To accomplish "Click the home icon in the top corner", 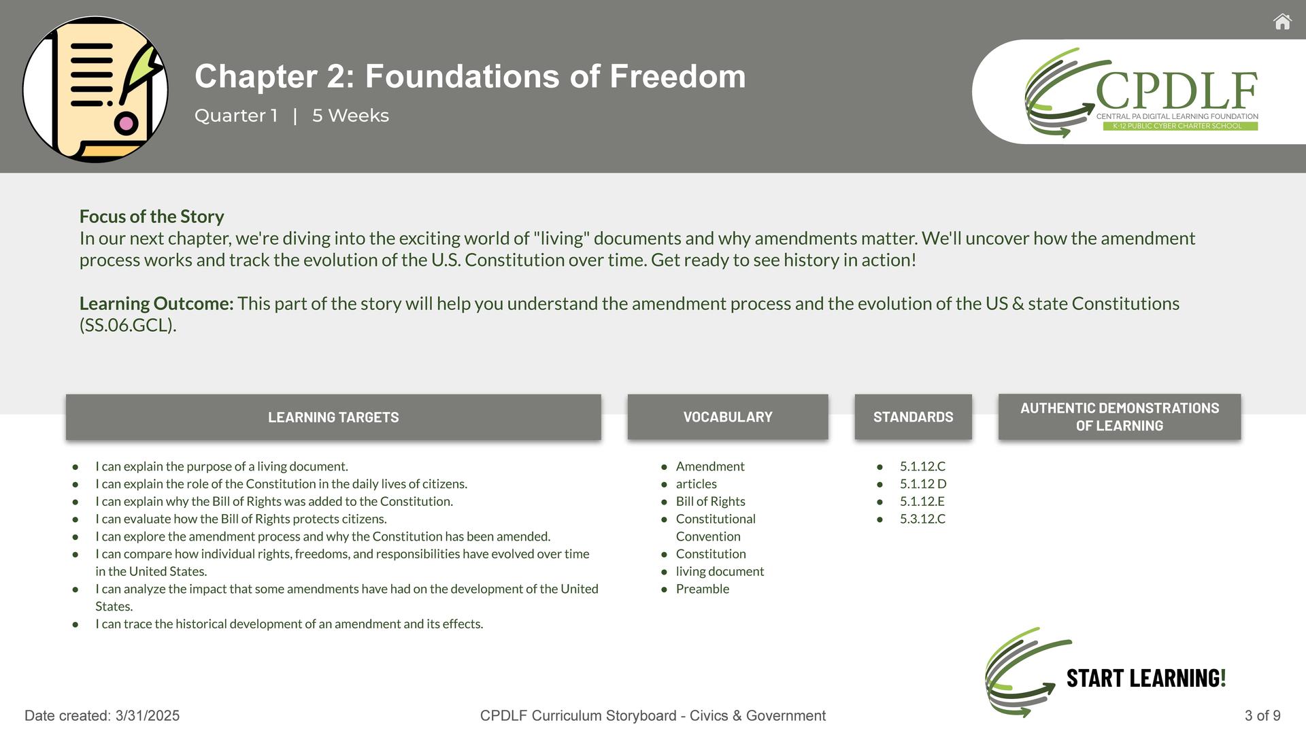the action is [1282, 22].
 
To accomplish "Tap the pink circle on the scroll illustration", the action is [126, 124].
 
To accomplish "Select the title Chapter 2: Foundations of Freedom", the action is [470, 76].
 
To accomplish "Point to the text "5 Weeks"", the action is [350, 116].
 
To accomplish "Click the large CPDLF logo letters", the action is [1177, 91].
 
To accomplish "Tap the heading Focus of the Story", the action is [152, 216].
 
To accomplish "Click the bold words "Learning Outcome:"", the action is [156, 303].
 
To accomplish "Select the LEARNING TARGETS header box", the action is [333, 417].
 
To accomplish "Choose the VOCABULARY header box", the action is [728, 417].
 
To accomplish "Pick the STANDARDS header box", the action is [914, 417].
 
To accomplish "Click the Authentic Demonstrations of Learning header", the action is [1120, 417].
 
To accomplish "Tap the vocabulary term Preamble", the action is [703, 589].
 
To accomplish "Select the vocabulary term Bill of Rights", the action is [711, 501].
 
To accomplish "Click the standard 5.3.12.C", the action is [922, 519].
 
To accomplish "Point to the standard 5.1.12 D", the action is [923, 483].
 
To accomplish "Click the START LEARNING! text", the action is [1146, 678].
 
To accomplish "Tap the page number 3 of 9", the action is [1262, 715].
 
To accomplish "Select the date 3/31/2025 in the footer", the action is [148, 715].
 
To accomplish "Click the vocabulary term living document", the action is [720, 571].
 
